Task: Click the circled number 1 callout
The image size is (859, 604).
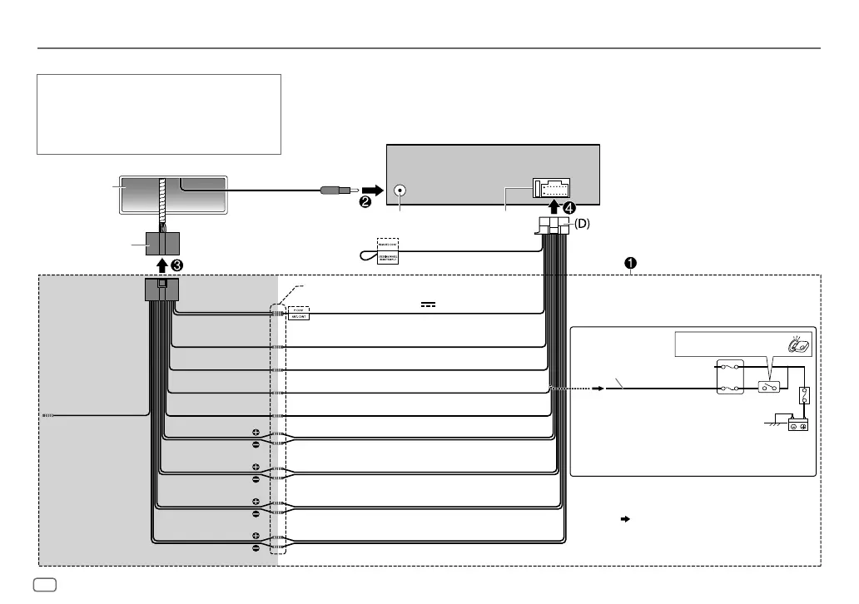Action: (x=631, y=263)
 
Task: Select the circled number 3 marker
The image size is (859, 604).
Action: (x=176, y=265)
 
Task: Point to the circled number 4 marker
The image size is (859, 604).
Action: (x=569, y=208)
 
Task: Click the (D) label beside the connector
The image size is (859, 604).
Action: (x=579, y=224)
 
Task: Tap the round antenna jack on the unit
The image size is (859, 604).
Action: (x=400, y=190)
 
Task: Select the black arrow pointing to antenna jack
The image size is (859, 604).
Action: (x=373, y=189)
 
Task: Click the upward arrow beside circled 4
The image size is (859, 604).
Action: (x=554, y=207)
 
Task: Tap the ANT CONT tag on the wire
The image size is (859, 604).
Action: (x=298, y=316)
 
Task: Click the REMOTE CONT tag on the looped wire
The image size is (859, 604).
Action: (x=388, y=245)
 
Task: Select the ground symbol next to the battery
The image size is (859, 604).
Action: (x=773, y=421)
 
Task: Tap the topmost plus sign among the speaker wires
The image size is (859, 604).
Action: (x=256, y=433)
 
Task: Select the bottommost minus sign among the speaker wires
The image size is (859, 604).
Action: (x=256, y=548)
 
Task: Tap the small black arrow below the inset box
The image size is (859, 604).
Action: (x=624, y=518)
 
